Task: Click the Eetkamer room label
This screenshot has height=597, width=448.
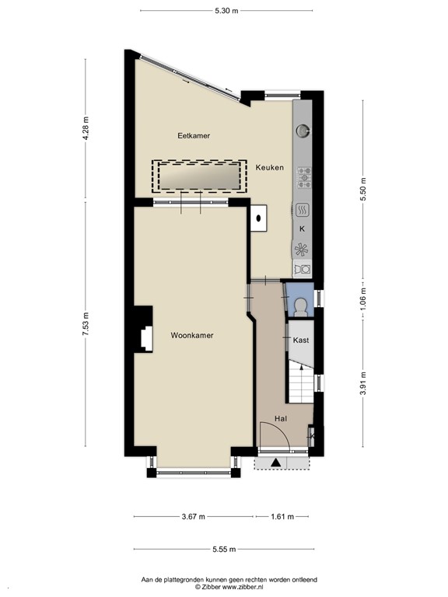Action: pyautogui.click(x=194, y=135)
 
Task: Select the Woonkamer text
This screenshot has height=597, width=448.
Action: pyautogui.click(x=192, y=335)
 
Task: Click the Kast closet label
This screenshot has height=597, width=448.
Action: pyautogui.click(x=301, y=340)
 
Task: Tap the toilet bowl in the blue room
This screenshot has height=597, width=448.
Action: pyautogui.click(x=299, y=304)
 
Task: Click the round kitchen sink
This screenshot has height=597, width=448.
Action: pyautogui.click(x=302, y=131)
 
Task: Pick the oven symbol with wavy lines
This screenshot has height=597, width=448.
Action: pyautogui.click(x=302, y=209)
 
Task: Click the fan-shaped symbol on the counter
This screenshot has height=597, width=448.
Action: pyautogui.click(x=302, y=250)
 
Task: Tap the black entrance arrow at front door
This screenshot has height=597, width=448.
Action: pyautogui.click(x=275, y=463)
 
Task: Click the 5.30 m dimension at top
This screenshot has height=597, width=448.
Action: pyautogui.click(x=226, y=10)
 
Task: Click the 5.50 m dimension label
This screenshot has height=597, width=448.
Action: pyautogui.click(x=362, y=190)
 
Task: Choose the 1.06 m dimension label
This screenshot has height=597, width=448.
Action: pyautogui.click(x=362, y=298)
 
